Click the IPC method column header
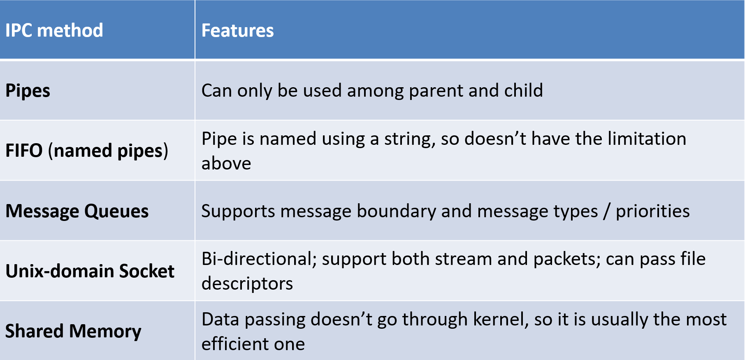point(54,30)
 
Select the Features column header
point(237,30)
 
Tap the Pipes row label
point(28,91)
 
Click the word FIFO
point(24,151)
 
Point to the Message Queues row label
point(77,211)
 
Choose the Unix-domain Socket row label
point(90,271)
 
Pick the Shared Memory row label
point(73,332)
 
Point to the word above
point(226,163)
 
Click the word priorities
point(652,211)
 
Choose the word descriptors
point(247,283)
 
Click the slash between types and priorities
point(607,211)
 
